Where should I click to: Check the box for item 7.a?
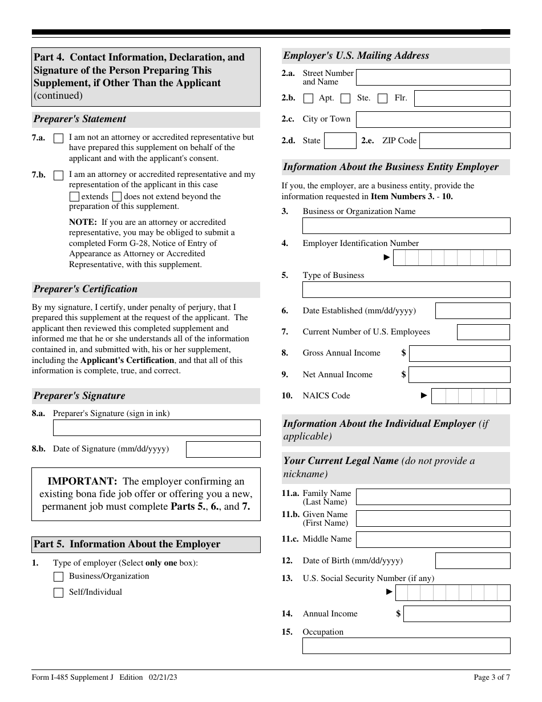pos(58,139)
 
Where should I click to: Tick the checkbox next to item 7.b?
pos(58,176)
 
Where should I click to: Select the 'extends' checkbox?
pos(74,197)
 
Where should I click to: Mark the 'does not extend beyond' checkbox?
pos(117,197)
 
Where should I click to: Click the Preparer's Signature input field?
pos(156,428)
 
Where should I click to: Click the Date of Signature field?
pos(223,450)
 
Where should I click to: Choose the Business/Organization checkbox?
pos(58,577)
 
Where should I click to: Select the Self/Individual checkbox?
pos(58,593)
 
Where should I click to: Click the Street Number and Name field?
pos(433,78)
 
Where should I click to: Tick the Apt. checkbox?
pos(309,99)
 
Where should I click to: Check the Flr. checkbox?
pos(383,99)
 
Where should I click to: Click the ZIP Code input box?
pos(464,141)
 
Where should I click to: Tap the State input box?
pos(341,141)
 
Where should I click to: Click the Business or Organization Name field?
pos(406,226)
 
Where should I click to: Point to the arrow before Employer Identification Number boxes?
pos(387,257)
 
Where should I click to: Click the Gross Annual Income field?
pos(459,353)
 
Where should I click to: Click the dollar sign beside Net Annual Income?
pos(403,374)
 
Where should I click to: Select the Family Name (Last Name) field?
pos(433,497)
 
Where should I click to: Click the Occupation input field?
pos(406,646)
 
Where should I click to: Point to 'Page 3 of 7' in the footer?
pos(492,677)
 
